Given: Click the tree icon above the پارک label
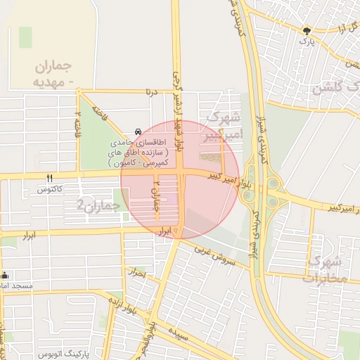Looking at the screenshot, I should coord(306,30).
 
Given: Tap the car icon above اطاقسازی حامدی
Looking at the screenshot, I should coord(138,131).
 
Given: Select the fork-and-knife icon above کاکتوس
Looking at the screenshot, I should coord(49,179).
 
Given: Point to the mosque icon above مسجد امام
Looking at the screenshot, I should coord(6,276).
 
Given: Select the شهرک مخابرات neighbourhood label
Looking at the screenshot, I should coord(325,268).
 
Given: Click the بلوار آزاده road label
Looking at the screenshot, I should coord(122,307).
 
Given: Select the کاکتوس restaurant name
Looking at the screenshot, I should coord(49,190).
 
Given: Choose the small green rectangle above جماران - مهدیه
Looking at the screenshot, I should coord(26,37).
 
